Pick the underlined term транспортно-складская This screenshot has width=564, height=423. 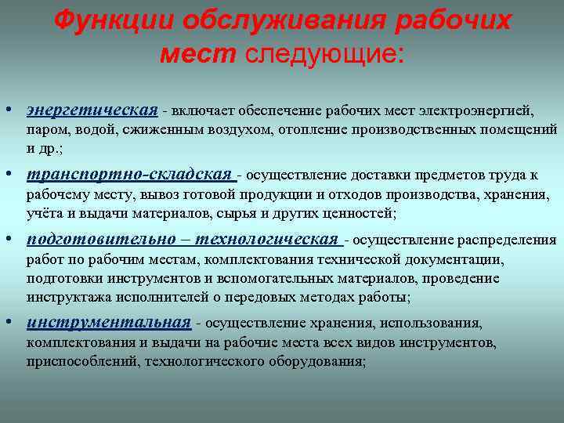(x=129, y=174)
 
